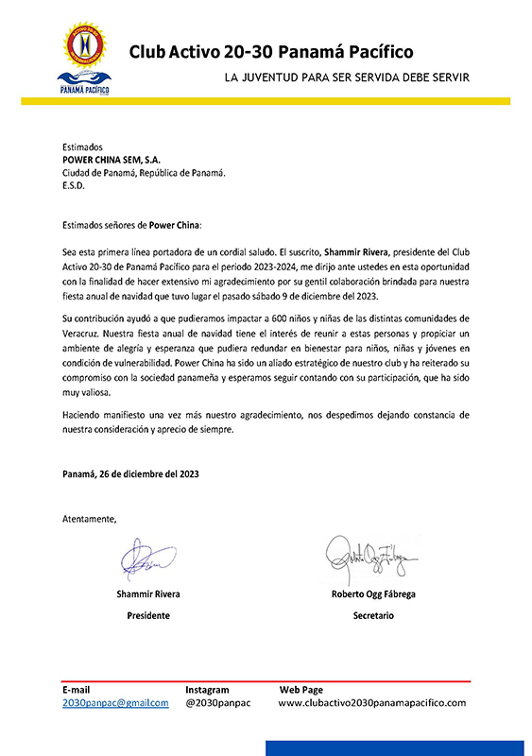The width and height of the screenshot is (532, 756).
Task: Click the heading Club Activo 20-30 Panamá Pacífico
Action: (x=270, y=52)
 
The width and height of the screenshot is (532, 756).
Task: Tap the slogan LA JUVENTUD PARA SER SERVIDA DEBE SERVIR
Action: (x=347, y=77)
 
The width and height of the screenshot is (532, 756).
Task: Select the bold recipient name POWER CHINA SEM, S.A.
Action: (x=112, y=161)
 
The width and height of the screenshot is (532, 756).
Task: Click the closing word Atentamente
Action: (x=90, y=519)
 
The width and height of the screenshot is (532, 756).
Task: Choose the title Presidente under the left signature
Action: (x=148, y=615)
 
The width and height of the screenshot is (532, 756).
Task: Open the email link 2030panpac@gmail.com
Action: (x=115, y=703)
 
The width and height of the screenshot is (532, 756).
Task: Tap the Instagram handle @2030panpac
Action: (x=218, y=703)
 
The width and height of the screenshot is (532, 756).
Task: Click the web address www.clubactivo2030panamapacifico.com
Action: (x=372, y=703)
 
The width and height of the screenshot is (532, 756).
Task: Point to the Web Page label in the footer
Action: (x=300, y=690)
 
